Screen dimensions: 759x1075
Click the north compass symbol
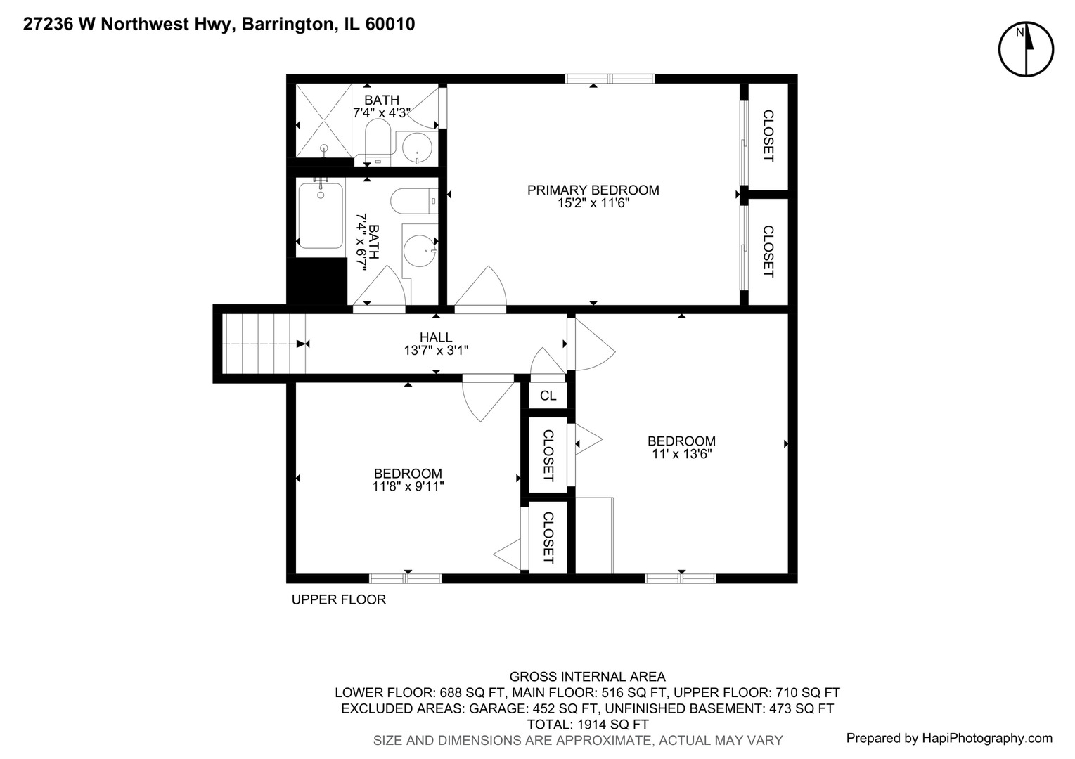click(x=1026, y=49)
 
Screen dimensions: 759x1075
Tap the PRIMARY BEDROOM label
click(x=593, y=190)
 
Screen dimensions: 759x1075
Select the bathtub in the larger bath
click(x=320, y=215)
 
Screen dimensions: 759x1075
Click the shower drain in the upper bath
click(x=324, y=148)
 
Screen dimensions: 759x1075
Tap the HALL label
click(x=436, y=337)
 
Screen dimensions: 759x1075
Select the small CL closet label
click(x=548, y=396)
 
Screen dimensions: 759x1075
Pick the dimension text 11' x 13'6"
click(x=681, y=455)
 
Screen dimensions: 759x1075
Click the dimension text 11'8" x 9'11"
click(x=408, y=486)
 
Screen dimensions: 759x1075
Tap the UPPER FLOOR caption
click(x=339, y=599)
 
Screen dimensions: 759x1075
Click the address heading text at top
click(x=219, y=25)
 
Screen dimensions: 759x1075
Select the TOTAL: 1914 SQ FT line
click(x=587, y=724)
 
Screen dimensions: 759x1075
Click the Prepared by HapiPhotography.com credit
click(x=949, y=738)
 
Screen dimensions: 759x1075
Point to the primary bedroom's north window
click(x=610, y=79)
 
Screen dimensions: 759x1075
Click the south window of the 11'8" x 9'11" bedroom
click(x=406, y=578)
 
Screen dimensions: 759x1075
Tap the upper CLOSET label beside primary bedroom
click(x=768, y=136)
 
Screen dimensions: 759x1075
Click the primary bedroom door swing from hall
click(x=482, y=290)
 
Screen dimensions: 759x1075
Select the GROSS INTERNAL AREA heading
click(x=587, y=677)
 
